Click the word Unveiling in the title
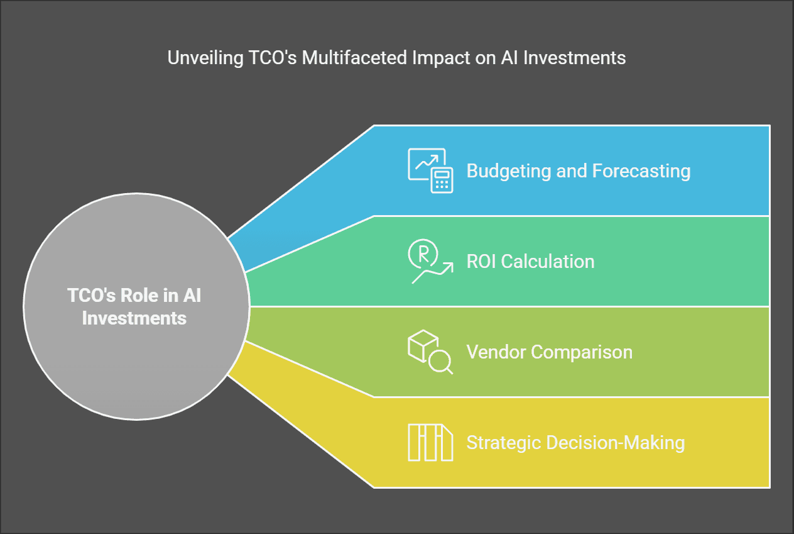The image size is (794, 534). point(205,58)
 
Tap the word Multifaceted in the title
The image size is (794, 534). point(354,57)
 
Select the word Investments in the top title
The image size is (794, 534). point(574,57)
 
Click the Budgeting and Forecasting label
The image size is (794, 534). point(579,171)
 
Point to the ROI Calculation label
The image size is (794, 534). point(530,262)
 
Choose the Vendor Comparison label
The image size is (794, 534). point(550,352)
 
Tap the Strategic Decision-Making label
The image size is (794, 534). point(575,443)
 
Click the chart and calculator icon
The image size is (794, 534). point(430,170)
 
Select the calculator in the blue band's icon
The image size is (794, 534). point(442,181)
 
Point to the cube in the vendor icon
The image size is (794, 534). point(423,346)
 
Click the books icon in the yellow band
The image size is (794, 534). point(430,442)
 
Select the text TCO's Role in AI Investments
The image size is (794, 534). point(134,306)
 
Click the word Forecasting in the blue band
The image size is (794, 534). point(641,171)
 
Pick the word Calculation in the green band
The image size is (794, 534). point(548,262)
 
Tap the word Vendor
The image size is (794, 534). point(496,352)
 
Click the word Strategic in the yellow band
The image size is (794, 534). point(504,443)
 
